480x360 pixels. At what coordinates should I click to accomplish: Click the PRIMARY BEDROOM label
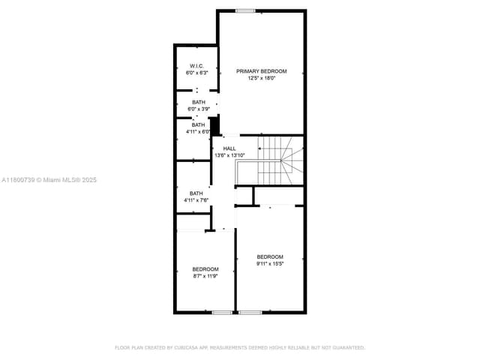click(261, 71)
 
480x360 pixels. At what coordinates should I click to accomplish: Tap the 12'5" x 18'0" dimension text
click(261, 78)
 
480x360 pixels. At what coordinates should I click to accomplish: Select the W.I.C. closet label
click(196, 66)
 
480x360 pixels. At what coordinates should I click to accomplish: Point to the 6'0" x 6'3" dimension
click(196, 73)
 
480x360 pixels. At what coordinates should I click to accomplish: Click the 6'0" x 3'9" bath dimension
click(198, 109)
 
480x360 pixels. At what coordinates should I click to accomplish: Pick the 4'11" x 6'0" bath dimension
click(198, 132)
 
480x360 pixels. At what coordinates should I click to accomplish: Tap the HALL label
click(229, 148)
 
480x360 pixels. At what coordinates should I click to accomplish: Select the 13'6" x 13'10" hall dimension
click(229, 155)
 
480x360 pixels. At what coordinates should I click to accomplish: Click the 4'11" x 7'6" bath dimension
click(196, 200)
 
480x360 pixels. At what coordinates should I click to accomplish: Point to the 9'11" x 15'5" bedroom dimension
click(270, 263)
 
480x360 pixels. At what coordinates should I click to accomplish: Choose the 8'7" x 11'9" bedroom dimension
click(205, 276)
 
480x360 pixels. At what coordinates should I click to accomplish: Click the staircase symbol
click(277, 160)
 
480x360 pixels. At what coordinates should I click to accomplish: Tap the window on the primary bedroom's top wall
click(244, 10)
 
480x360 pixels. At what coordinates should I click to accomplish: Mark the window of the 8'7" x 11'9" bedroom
click(221, 312)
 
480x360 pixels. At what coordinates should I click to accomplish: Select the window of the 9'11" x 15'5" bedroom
click(250, 312)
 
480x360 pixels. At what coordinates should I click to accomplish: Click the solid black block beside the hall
click(214, 126)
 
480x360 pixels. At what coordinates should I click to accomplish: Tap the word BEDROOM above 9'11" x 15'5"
click(270, 256)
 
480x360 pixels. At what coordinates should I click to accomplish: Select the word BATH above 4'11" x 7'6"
click(196, 193)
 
